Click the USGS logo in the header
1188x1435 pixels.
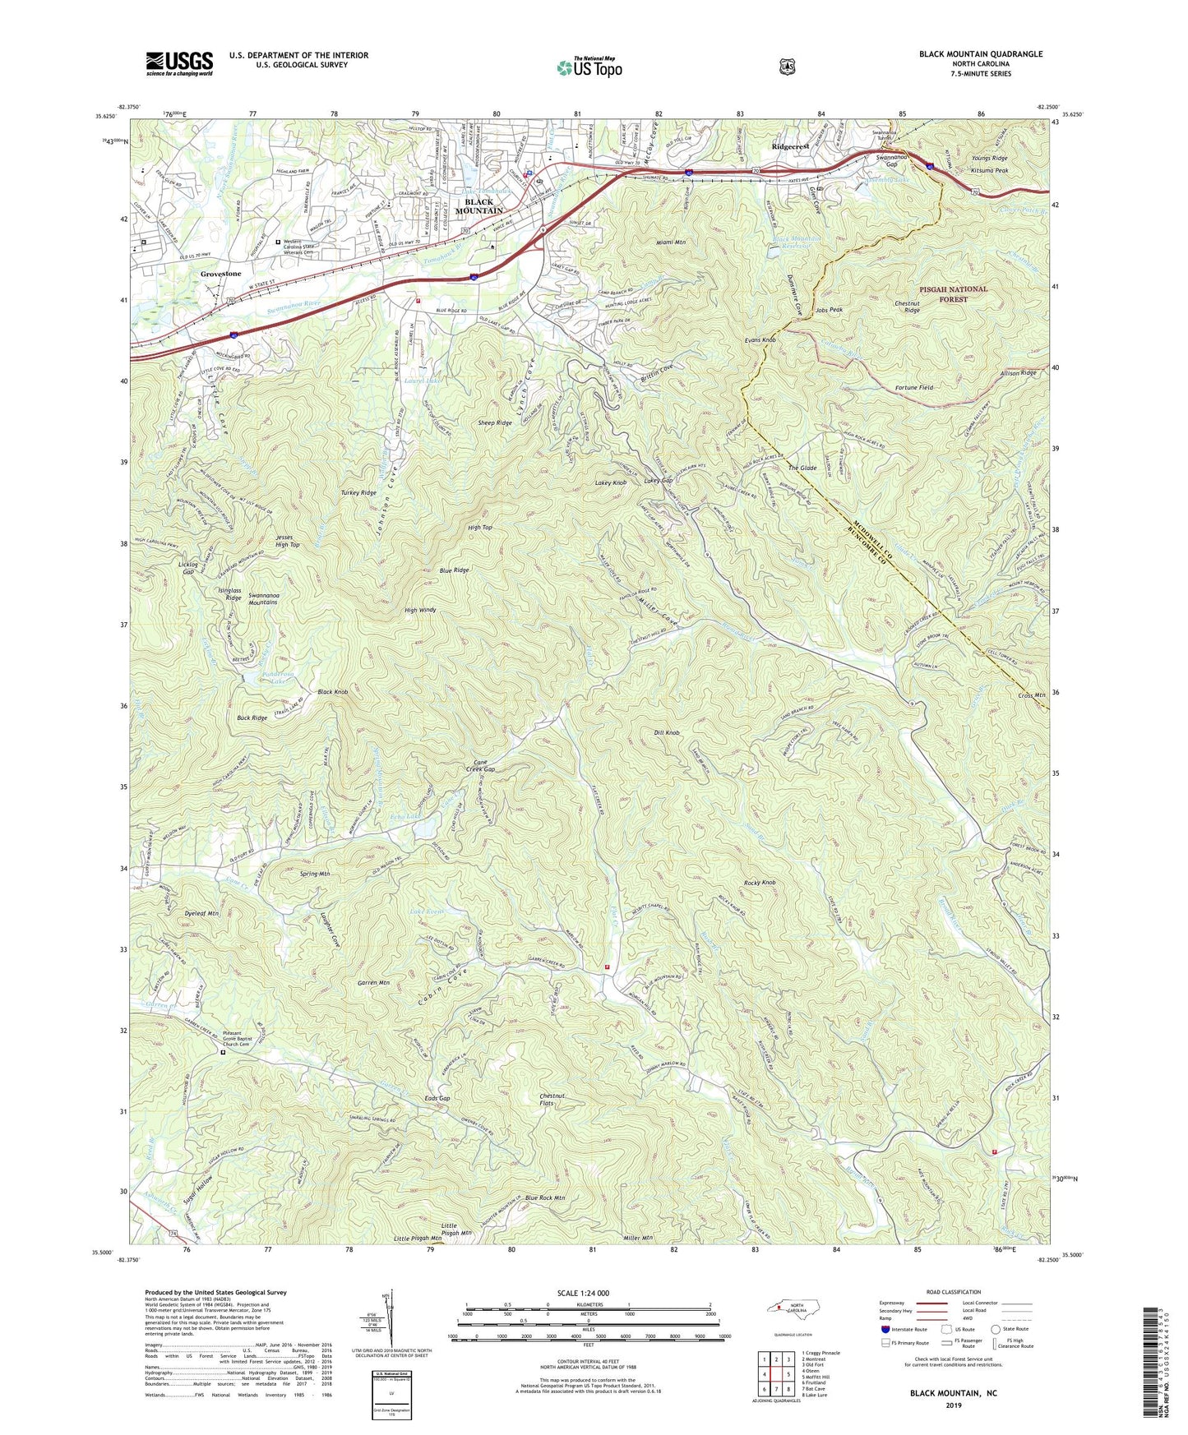click(x=179, y=63)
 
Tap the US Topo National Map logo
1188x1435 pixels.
click(x=589, y=67)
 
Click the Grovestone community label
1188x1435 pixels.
click(x=221, y=274)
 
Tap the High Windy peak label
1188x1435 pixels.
click(x=420, y=611)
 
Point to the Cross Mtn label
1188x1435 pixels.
click(x=1031, y=695)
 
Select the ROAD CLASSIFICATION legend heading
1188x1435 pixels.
click(x=954, y=1292)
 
